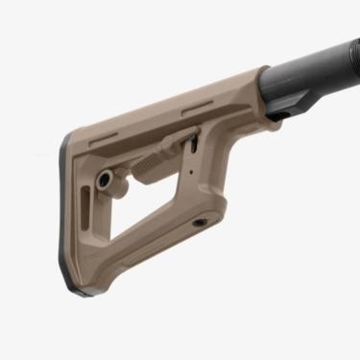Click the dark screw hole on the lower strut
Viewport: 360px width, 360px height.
coord(200,222)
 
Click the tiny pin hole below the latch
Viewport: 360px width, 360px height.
coord(192,175)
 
